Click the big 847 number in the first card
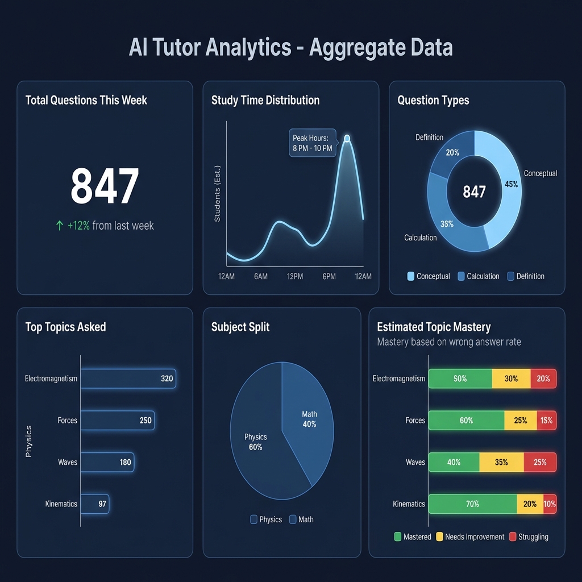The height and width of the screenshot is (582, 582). click(x=105, y=186)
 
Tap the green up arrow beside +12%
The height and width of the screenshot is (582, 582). click(x=60, y=226)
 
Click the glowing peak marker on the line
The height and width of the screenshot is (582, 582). click(x=347, y=138)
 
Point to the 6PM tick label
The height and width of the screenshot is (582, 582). click(x=329, y=276)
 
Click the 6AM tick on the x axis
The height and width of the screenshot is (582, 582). click(x=261, y=276)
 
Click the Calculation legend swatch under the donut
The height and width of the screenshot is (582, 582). click(x=461, y=276)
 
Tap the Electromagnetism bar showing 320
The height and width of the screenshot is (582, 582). click(x=128, y=379)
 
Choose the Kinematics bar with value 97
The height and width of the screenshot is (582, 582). click(x=94, y=504)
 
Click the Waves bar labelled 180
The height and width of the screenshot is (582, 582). click(x=107, y=462)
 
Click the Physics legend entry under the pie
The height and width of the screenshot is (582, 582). click(x=265, y=519)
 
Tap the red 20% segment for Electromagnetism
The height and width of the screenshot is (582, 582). click(x=543, y=379)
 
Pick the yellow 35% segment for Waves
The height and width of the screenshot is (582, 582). click(x=501, y=462)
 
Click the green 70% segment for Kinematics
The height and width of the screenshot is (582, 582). click(x=472, y=504)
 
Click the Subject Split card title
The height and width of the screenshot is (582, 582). click(x=240, y=327)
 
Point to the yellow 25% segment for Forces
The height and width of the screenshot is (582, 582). click(x=521, y=421)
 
